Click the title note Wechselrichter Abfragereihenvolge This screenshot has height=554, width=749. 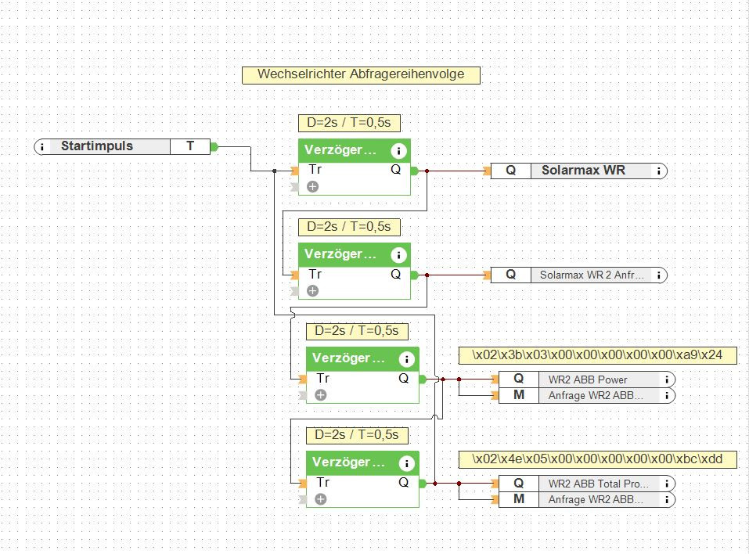pyautogui.click(x=361, y=75)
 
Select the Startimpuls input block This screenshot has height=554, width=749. pyautogui.click(x=122, y=146)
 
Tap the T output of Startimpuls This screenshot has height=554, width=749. pyautogui.click(x=190, y=146)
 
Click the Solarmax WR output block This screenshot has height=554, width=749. pyautogui.click(x=579, y=171)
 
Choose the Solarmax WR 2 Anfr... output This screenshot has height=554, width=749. pyautogui.click(x=579, y=275)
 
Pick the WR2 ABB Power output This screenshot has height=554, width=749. pyautogui.click(x=586, y=380)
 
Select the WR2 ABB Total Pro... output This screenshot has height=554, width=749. pyautogui.click(x=586, y=484)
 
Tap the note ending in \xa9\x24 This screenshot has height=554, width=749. pyautogui.click(x=598, y=355)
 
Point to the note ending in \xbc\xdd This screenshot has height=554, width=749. pyautogui.click(x=598, y=459)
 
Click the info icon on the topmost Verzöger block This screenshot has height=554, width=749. pyautogui.click(x=398, y=151)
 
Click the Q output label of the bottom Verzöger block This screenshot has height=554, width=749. pyautogui.click(x=404, y=482)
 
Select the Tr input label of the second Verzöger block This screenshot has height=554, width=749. pyautogui.click(x=315, y=274)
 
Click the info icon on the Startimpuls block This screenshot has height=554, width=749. pyautogui.click(x=42, y=146)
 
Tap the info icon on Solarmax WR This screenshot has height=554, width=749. pyautogui.click(x=659, y=171)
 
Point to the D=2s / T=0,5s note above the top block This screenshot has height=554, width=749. pyautogui.click(x=349, y=123)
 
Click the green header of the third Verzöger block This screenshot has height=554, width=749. pyautogui.click(x=362, y=358)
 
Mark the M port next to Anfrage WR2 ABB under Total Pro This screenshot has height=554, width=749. pyautogui.click(x=519, y=499)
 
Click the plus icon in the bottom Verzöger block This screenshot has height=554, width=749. pyautogui.click(x=321, y=499)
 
